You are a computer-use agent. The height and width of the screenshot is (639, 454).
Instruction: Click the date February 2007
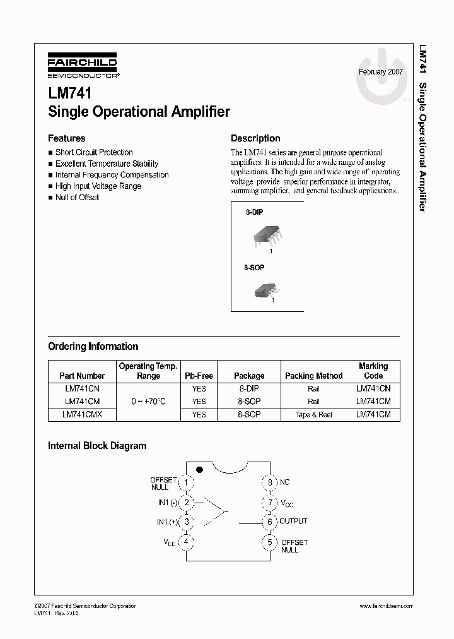381,72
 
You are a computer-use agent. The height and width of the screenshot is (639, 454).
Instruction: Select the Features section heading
67,138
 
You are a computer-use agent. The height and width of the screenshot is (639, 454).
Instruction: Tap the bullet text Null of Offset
77,198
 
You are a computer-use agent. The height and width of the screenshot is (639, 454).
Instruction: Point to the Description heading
255,138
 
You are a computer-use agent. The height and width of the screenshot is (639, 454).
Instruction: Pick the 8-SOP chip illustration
265,290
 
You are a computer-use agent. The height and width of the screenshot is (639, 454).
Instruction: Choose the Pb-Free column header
199,376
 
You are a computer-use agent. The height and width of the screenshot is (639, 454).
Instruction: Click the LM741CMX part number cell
82,415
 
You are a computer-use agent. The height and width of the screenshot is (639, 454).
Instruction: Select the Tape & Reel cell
313,415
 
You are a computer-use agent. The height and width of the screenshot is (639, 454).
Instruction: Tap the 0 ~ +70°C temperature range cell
148,402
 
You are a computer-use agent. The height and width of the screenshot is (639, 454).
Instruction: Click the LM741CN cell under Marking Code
373,389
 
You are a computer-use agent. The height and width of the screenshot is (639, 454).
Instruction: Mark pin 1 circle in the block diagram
186,483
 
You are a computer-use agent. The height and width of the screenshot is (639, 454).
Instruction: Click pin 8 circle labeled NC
270,483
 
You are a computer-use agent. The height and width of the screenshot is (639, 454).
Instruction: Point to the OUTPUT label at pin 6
293,522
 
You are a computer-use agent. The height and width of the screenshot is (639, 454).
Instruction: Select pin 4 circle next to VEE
186,542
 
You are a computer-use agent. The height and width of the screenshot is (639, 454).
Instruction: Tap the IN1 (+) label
167,522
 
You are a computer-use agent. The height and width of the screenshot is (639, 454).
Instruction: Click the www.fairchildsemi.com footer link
386,606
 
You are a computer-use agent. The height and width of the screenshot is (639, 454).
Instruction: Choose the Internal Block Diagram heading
97,446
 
